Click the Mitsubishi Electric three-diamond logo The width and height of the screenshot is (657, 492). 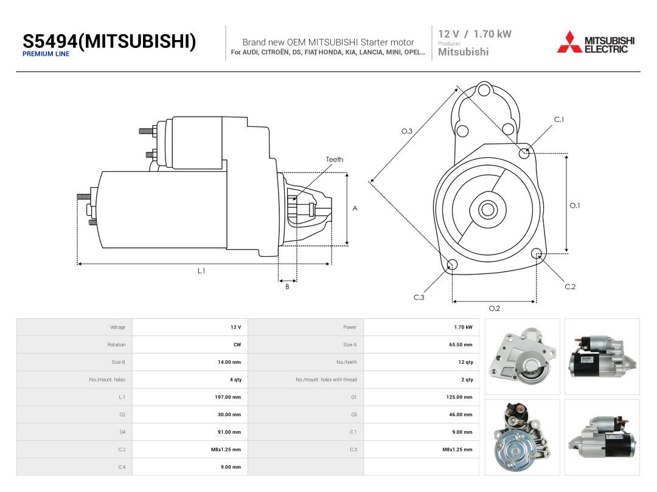[x=569, y=42]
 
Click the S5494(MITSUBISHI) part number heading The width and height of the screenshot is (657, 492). [x=109, y=41]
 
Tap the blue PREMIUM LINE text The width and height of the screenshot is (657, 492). [x=46, y=54]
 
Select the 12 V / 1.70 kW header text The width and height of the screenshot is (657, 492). [x=474, y=34]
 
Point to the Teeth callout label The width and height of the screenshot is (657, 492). [x=335, y=159]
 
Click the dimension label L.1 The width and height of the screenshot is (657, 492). [x=201, y=271]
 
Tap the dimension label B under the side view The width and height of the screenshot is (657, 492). [x=287, y=287]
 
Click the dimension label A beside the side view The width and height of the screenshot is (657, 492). [x=355, y=208]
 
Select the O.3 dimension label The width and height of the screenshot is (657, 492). [x=407, y=131]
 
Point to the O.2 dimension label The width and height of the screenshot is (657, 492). [x=495, y=309]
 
